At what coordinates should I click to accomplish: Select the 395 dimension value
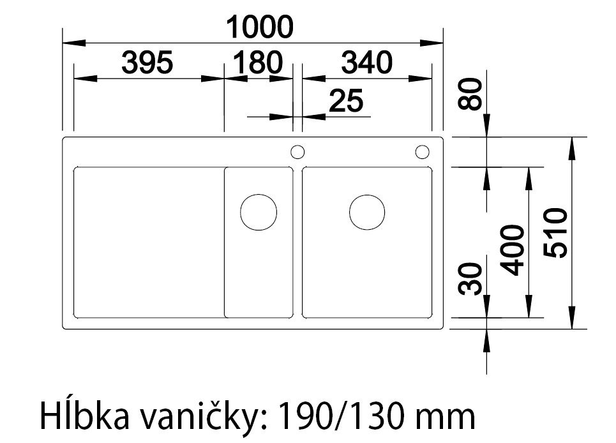point(147,63)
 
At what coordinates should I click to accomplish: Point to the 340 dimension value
point(366,63)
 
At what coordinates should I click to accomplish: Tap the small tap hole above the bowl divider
point(297,152)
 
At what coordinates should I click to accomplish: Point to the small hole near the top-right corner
point(422,152)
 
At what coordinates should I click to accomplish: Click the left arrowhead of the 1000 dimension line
point(69,43)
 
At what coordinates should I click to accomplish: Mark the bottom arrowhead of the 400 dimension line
point(529,312)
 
